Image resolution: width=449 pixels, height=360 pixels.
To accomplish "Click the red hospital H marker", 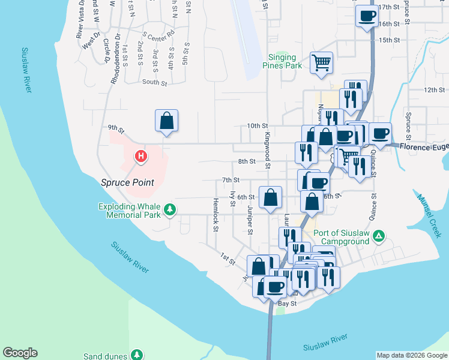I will click(x=141, y=157).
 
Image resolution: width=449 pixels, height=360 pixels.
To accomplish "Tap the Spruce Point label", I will click(x=127, y=182).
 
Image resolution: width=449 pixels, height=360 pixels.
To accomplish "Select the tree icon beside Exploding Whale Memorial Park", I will click(x=171, y=209).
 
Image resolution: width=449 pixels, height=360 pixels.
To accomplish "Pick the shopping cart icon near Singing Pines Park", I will click(x=321, y=62).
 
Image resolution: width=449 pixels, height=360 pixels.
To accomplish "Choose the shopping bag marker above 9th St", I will click(x=167, y=120).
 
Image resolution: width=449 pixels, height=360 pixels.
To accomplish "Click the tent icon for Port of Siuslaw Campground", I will click(x=378, y=236).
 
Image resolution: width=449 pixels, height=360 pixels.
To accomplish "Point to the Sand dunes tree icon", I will click(x=137, y=356).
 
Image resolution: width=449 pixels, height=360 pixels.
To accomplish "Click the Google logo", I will click(x=20, y=353).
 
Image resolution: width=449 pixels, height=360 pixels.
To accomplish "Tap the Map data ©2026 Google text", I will click(x=411, y=355).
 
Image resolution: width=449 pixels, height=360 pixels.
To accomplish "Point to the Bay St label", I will click(x=287, y=304).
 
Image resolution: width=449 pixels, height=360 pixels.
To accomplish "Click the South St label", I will click(x=154, y=82).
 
